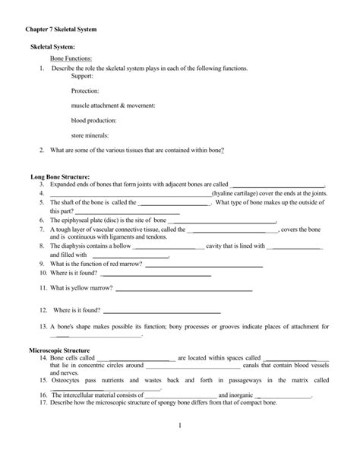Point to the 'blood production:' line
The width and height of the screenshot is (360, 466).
pos(93,119)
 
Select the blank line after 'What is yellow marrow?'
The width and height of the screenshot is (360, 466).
pos(184,289)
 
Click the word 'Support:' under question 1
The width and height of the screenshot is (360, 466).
pos(82,76)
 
